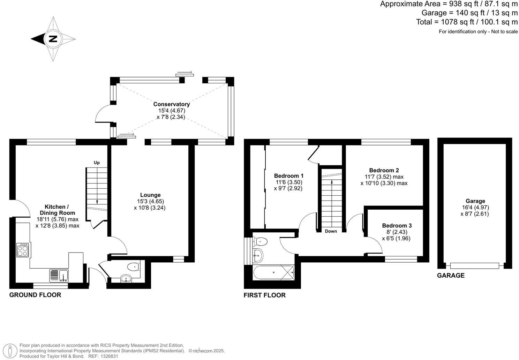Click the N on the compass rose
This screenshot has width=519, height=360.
(53, 39)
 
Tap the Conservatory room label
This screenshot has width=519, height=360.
(172, 104)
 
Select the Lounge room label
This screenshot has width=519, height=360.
(150, 195)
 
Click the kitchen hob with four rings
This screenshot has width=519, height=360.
(23, 250)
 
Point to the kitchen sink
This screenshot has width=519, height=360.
(59, 275)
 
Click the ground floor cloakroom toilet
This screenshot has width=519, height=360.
(133, 267)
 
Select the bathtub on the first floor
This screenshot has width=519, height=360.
(274, 272)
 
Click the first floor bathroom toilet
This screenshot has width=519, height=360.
(261, 241)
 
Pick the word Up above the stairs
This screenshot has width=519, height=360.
(97, 163)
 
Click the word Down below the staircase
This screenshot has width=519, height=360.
(331, 231)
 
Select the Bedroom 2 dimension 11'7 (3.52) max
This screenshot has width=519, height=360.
(384, 177)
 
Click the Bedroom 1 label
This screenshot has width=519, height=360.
(289, 175)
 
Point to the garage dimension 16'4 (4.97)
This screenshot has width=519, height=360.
(475, 207)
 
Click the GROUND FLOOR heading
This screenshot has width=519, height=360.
(35, 295)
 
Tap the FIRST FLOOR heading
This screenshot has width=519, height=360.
(264, 295)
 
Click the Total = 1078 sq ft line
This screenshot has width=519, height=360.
(467, 22)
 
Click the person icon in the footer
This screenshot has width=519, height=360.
(12, 350)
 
